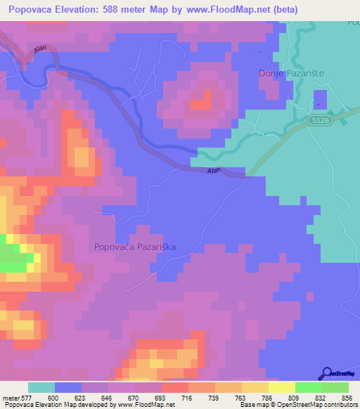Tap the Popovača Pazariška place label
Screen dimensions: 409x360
[134, 247]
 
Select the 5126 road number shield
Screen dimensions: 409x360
[319, 122]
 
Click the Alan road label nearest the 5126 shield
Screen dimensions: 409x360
[214, 171]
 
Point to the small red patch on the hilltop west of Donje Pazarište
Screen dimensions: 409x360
[200, 102]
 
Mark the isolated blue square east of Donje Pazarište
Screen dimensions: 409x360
[320, 98]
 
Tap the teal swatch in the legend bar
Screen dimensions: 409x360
[41, 387]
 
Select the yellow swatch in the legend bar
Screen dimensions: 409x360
[282, 387]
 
